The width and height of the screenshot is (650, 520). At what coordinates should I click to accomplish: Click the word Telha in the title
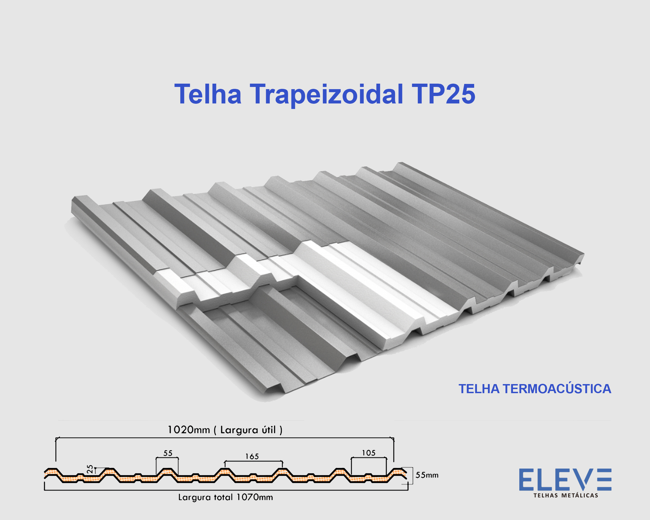pos(208,94)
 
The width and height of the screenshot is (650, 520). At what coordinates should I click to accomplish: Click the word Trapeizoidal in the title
pos(326,94)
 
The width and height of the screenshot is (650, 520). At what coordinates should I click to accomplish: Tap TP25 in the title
pos(443,94)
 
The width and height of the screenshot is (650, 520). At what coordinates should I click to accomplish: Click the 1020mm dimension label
pos(189,430)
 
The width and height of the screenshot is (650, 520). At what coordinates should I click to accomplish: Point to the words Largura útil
pos(248,430)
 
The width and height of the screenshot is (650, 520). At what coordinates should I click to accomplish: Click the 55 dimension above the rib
pos(168,453)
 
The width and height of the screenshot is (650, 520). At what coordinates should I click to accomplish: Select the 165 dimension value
pos(252,457)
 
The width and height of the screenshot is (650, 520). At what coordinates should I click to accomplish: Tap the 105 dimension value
pos(369,453)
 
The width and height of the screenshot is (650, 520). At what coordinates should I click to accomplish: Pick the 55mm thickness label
pos(427,475)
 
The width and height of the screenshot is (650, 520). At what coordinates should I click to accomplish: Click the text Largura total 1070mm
pos(225,497)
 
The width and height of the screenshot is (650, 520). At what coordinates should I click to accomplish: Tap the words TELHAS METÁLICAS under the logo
pos(566,496)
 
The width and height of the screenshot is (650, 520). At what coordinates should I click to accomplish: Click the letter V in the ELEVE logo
pos(586,479)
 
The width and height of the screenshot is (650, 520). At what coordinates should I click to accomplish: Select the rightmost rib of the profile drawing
pos(398,471)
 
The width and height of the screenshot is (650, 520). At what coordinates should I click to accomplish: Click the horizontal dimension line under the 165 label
pos(253,461)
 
